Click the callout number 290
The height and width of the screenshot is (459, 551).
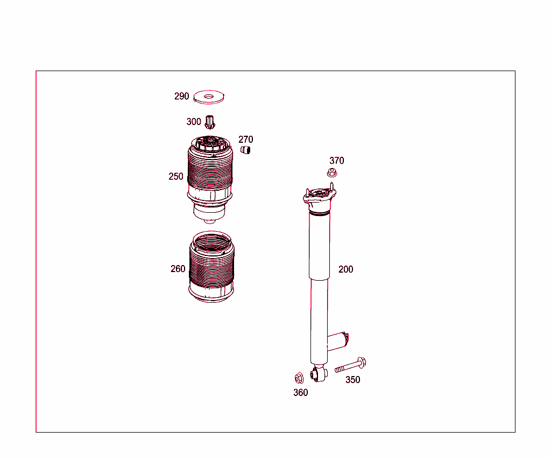(181, 96)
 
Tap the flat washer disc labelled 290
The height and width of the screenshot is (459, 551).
(208, 98)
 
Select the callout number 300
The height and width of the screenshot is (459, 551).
(194, 122)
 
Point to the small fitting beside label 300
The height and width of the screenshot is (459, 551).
(210, 122)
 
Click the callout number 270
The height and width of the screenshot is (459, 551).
(245, 140)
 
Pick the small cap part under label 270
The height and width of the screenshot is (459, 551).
(246, 150)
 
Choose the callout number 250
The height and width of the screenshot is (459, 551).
(176, 176)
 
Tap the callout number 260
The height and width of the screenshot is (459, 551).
(178, 269)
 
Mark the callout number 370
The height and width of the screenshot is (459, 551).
(337, 161)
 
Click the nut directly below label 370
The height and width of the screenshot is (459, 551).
(333, 173)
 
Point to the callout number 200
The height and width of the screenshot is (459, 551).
(345, 269)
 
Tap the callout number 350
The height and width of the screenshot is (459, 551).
(352, 380)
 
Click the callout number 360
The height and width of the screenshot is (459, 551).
(300, 393)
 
